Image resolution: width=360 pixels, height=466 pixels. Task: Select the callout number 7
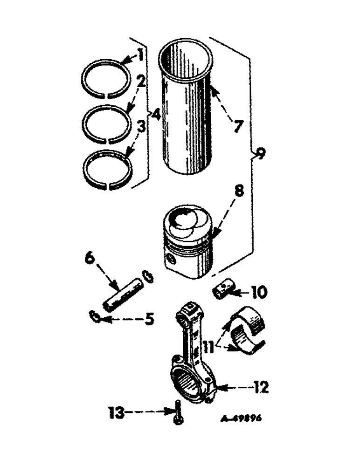click(x=238, y=125)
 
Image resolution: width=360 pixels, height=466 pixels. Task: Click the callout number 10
click(x=259, y=292)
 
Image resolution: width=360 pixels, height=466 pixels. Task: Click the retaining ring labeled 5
click(x=95, y=317)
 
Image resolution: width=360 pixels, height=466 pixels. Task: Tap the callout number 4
click(x=155, y=113)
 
